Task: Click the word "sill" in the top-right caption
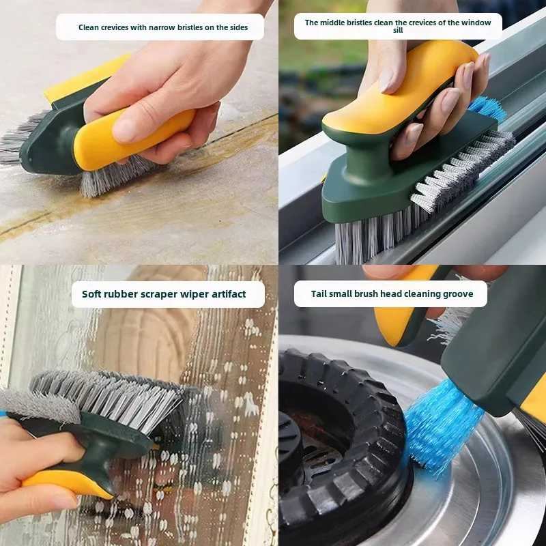[x=398, y=30]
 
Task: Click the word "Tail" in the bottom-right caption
[x=319, y=293]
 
